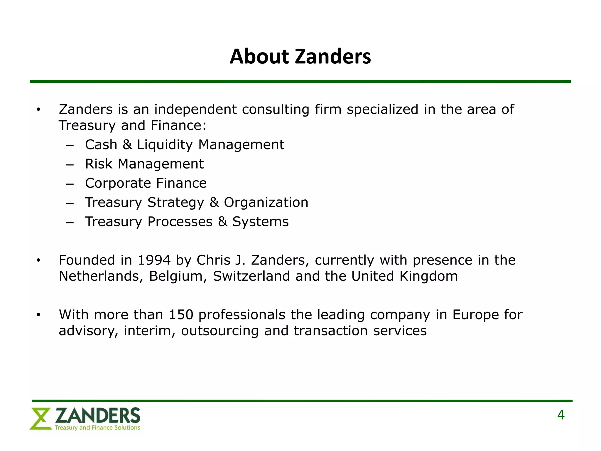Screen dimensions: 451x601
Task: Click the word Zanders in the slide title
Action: (333, 56)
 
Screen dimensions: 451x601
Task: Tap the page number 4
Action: (561, 415)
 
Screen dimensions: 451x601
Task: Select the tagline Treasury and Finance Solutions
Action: (97, 428)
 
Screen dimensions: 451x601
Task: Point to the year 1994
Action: (154, 260)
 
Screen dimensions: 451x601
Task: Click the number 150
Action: (181, 315)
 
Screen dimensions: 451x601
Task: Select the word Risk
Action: (99, 164)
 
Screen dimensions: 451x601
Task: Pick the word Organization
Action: (266, 202)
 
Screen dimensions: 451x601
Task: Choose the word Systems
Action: (260, 222)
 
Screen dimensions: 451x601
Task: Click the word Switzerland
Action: (251, 276)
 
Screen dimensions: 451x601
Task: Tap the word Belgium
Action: (175, 276)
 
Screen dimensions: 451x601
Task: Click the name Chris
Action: (213, 260)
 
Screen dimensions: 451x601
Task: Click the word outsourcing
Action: (220, 331)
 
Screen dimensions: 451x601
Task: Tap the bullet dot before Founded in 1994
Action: (38, 260)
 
